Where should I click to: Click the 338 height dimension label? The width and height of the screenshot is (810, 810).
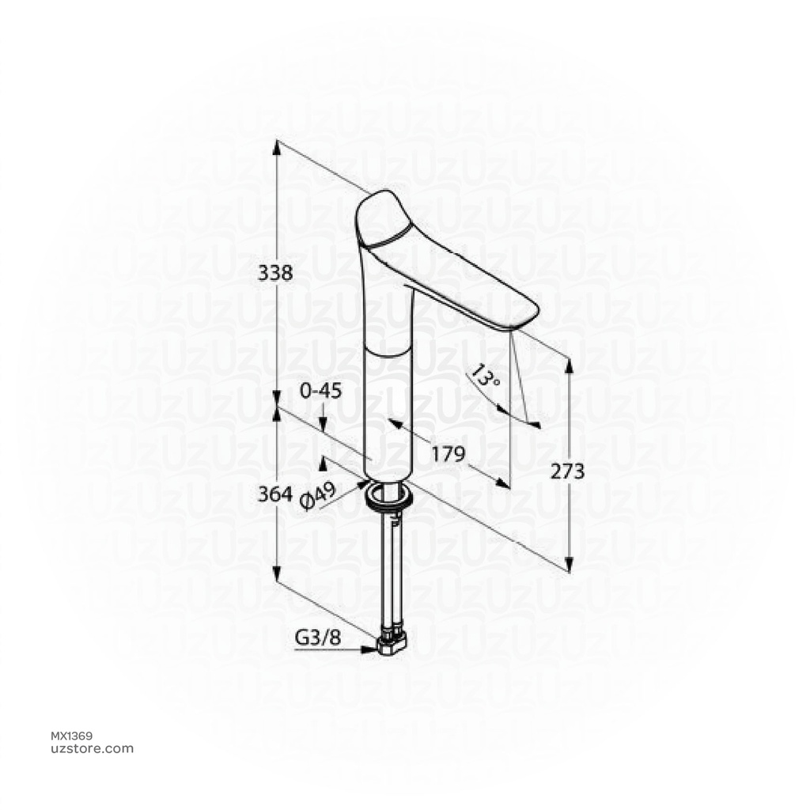[x=276, y=273]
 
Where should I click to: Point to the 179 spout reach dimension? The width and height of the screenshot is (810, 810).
[x=447, y=454]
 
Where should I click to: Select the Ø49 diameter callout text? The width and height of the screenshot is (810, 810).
[x=320, y=496]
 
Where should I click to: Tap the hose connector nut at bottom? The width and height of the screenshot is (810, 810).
[x=392, y=645]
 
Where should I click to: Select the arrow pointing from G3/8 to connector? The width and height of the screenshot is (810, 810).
[x=367, y=649]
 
